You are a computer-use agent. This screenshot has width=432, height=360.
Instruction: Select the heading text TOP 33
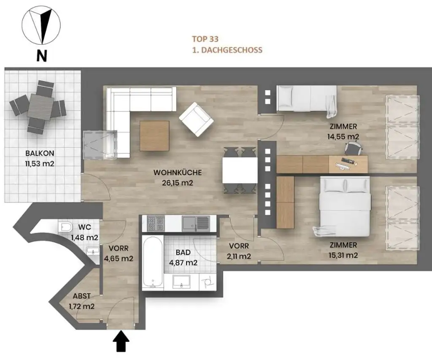point(205,39)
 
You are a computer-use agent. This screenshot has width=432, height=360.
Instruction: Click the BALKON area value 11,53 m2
point(40,163)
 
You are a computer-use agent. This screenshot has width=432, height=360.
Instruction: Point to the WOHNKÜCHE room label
point(178,173)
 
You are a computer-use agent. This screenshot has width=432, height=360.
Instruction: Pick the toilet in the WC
point(65,227)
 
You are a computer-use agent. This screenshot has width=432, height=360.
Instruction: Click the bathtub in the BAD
point(153,262)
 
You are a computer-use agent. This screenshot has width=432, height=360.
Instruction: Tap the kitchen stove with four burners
point(156,223)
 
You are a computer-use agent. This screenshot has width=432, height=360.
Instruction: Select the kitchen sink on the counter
point(196,223)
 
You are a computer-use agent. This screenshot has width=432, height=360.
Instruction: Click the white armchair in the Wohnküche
point(196,119)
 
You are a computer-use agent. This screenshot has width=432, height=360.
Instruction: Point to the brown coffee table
point(154,136)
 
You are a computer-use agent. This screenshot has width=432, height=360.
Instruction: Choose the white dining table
point(240,170)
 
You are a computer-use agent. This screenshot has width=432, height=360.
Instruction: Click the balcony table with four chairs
point(38,107)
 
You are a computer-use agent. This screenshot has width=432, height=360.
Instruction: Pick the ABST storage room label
point(82,296)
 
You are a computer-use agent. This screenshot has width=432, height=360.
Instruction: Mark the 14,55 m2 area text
point(343,137)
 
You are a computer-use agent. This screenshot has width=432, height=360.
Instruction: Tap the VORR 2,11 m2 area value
point(239,256)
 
